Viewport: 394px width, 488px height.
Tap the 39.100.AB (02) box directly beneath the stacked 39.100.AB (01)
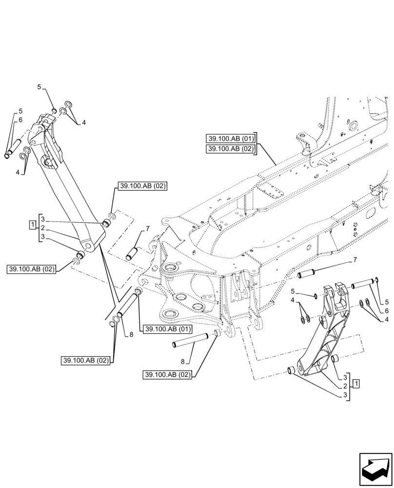(231, 149)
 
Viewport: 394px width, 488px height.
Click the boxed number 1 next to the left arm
(32, 225)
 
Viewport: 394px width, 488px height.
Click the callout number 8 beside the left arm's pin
(131, 334)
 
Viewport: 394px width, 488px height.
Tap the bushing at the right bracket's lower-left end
(291, 370)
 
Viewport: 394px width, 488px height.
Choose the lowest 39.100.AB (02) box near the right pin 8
(168, 375)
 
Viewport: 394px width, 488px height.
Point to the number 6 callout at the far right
(386, 310)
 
